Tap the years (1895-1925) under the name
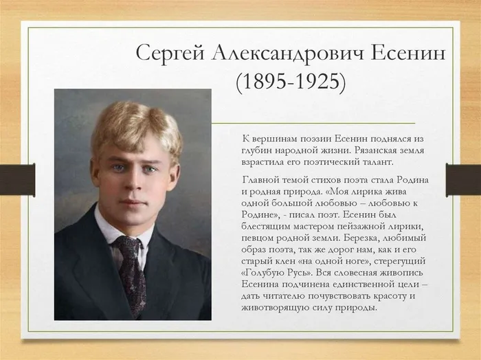click(290, 81)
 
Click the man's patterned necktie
click(131, 271)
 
